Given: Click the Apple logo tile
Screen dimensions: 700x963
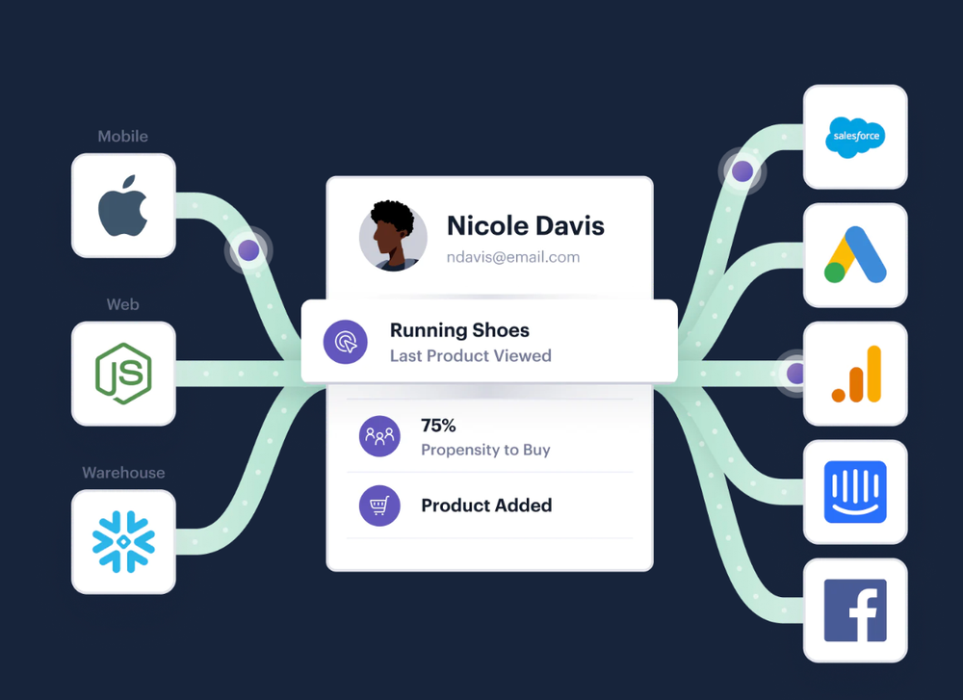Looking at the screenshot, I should click(123, 206).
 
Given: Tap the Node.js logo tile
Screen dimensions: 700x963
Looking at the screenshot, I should click(123, 374).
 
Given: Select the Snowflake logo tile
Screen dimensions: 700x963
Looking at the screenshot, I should click(123, 541).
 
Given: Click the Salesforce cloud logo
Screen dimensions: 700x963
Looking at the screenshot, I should click(854, 137).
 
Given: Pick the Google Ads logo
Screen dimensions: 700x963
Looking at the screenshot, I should click(854, 255).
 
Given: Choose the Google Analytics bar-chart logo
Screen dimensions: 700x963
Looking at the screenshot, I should click(855, 374).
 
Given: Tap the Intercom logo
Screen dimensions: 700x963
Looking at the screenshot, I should click(855, 492).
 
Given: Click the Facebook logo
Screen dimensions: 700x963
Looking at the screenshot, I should click(855, 610).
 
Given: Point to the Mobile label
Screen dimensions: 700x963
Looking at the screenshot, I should click(123, 137).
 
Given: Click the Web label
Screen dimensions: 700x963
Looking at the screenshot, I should click(123, 304).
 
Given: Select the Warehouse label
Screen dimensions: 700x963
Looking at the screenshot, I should click(123, 473).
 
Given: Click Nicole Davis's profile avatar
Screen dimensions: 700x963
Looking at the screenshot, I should click(393, 237).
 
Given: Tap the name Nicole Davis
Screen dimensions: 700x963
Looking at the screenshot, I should click(526, 226).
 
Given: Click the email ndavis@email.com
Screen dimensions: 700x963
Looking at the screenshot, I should click(513, 257).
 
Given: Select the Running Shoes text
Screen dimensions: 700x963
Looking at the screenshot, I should click(459, 330).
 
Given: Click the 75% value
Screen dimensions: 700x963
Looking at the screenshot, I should click(438, 425).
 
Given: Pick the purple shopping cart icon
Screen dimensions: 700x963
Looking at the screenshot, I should click(379, 506).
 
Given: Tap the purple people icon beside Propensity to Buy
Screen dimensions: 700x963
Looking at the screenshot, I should click(379, 436).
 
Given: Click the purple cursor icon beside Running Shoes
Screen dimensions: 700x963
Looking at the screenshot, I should click(345, 342).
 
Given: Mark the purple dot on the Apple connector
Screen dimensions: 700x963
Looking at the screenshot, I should click(248, 250).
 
